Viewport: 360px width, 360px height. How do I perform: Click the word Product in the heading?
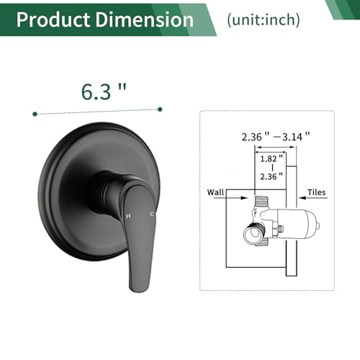tap(53, 19)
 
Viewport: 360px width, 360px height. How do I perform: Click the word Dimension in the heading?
tap(144, 19)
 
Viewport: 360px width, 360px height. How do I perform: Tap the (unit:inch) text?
tap(264, 19)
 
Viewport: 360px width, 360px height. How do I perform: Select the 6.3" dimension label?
tap(104, 91)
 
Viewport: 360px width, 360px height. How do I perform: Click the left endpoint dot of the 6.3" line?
tap(35, 114)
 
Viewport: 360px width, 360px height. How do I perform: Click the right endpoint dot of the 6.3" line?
tap(160, 109)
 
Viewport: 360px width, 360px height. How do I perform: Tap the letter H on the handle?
tap(128, 216)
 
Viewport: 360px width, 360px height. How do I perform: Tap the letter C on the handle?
tap(152, 214)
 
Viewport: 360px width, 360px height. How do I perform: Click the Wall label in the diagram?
tap(215, 192)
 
